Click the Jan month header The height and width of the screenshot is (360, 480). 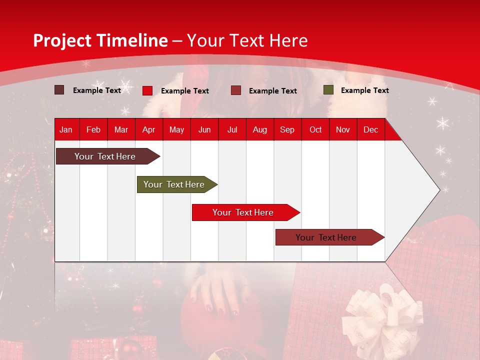[x=66, y=130]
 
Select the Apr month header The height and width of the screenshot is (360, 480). [x=149, y=130]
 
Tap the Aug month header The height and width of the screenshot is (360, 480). [x=259, y=130]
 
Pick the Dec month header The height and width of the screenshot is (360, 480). [x=370, y=130]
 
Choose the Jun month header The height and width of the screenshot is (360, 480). [x=204, y=130]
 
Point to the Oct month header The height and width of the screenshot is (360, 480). [x=315, y=130]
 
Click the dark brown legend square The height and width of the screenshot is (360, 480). [x=59, y=90]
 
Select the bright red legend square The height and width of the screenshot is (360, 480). [x=147, y=90]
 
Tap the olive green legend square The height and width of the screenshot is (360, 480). [x=328, y=90]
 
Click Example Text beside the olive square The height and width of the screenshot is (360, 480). [x=364, y=90]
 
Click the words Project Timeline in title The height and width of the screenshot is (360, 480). [x=100, y=40]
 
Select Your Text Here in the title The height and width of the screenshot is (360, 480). [x=247, y=40]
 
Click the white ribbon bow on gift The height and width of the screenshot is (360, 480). [x=385, y=312]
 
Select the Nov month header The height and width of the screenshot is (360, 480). [x=343, y=130]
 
